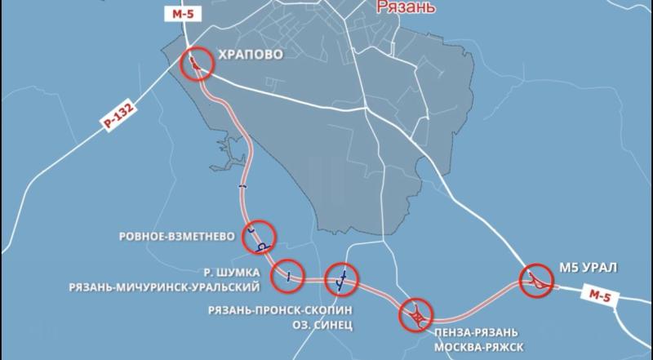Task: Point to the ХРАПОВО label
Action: (248, 56)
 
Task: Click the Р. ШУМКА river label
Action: (231, 271)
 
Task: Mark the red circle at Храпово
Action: (196, 63)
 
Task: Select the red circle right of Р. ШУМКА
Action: (288, 274)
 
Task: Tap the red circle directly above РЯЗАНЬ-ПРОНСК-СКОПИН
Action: (342, 278)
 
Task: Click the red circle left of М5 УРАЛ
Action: (539, 281)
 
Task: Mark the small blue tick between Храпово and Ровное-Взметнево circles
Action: (242, 188)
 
